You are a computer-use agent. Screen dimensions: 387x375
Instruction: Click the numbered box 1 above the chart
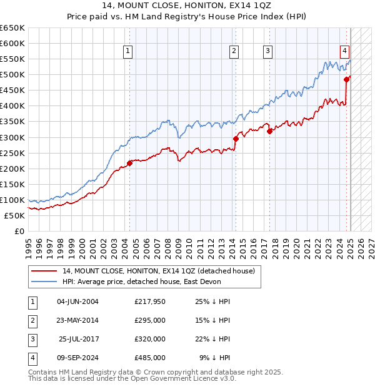point(127,52)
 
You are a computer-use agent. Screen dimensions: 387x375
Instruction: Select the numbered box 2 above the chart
point(234,52)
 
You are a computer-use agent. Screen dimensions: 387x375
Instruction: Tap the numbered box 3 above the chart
point(267,52)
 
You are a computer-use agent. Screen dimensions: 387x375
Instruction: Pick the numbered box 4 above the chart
point(344,52)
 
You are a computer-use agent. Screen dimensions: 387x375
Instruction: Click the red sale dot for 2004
point(130,163)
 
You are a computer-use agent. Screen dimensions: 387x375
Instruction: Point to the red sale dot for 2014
point(236,139)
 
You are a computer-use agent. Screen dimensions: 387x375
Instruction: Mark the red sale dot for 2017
point(270,131)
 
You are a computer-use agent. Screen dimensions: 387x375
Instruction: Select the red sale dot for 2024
point(346,79)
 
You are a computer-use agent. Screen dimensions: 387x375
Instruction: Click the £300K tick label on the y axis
point(12,137)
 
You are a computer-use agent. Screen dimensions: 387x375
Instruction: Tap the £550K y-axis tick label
point(12,59)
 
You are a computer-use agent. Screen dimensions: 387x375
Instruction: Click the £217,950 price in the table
point(150,301)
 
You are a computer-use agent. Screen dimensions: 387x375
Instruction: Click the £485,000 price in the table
point(150,358)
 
